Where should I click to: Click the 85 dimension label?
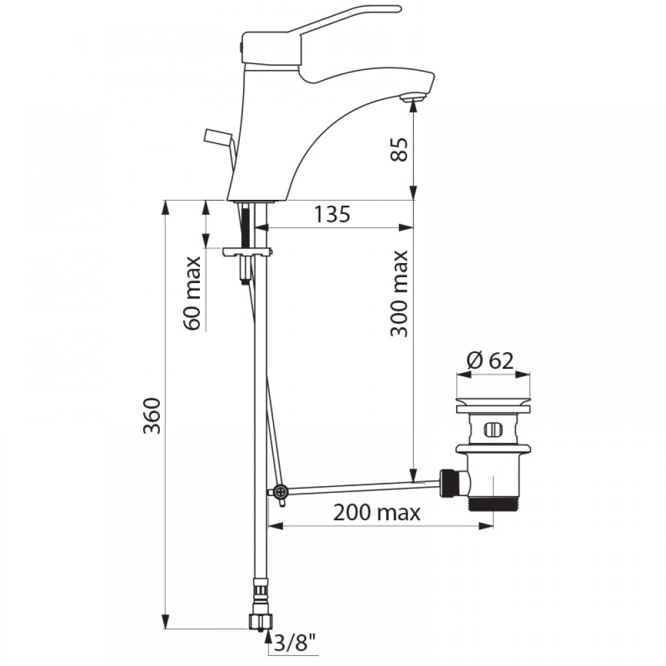[x=400, y=149]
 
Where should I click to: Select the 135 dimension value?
[x=332, y=214]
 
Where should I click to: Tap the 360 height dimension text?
[x=152, y=416]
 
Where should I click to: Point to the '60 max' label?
[x=192, y=293]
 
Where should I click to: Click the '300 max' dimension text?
[x=399, y=294]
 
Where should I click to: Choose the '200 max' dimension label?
[x=377, y=513]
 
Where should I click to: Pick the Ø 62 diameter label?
[x=490, y=361]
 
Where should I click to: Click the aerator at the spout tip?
[x=412, y=98]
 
